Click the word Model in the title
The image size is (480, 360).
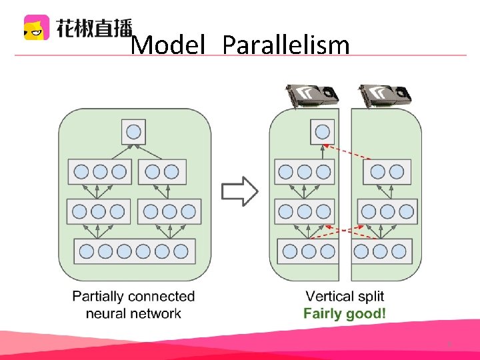(x=167, y=45)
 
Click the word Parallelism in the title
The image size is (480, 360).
(x=286, y=45)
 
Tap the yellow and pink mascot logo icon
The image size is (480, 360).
(x=37, y=27)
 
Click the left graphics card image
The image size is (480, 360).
(x=311, y=96)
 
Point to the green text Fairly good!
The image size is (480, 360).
(x=345, y=313)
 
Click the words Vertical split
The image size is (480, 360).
(x=345, y=296)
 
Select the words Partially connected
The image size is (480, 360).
(x=133, y=296)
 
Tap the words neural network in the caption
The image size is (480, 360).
(x=133, y=313)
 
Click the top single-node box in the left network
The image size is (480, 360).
(x=133, y=131)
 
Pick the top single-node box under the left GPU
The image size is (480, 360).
(x=322, y=131)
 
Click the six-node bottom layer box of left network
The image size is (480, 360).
(x=134, y=251)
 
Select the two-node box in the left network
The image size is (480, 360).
(x=162, y=172)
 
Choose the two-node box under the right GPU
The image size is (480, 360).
(x=387, y=172)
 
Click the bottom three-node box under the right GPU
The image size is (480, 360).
(x=380, y=251)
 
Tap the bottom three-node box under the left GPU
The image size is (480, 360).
(x=309, y=251)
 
